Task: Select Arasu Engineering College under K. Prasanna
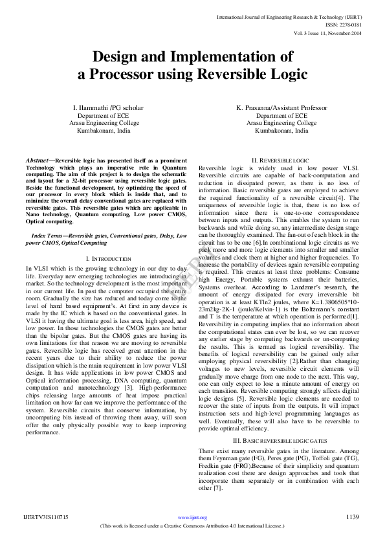[x=281, y=122]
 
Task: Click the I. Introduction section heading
[x=108, y=258]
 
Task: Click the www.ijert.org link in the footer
[x=192, y=517]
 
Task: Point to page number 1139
[x=353, y=517]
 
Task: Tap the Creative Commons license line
[x=192, y=526]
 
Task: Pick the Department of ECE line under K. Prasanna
[x=281, y=115]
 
